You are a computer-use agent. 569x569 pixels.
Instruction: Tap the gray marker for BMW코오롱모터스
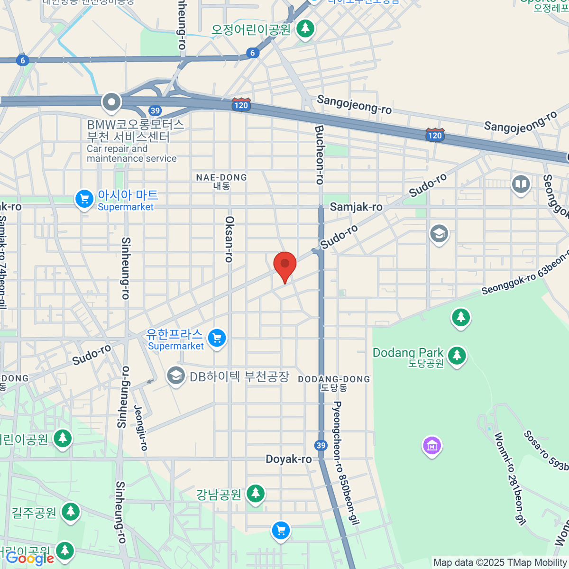click(x=111, y=102)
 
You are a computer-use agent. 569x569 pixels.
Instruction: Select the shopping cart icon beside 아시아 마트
click(x=84, y=199)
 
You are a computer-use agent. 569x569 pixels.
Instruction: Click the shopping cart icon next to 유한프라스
click(x=217, y=338)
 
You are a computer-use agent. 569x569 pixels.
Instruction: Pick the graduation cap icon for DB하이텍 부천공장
click(x=175, y=376)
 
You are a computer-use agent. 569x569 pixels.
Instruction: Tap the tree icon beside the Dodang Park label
click(x=457, y=355)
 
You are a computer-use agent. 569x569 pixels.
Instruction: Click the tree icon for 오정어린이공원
click(x=305, y=28)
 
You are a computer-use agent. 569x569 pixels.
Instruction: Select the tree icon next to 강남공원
click(x=256, y=494)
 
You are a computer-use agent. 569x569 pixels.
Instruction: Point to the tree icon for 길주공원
click(x=71, y=512)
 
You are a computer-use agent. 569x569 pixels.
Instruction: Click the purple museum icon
click(x=432, y=446)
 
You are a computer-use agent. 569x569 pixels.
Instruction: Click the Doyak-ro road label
click(x=289, y=459)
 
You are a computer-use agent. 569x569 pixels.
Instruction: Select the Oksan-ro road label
click(x=229, y=239)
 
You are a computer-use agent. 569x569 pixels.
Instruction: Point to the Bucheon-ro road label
click(x=320, y=155)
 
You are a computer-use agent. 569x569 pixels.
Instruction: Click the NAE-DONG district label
click(x=221, y=181)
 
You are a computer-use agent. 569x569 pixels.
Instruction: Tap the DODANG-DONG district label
click(x=334, y=383)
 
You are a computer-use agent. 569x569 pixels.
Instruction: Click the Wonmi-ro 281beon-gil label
click(x=510, y=479)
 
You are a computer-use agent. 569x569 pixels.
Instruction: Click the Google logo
click(x=30, y=558)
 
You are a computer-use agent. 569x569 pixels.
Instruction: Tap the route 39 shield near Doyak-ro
click(x=321, y=445)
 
